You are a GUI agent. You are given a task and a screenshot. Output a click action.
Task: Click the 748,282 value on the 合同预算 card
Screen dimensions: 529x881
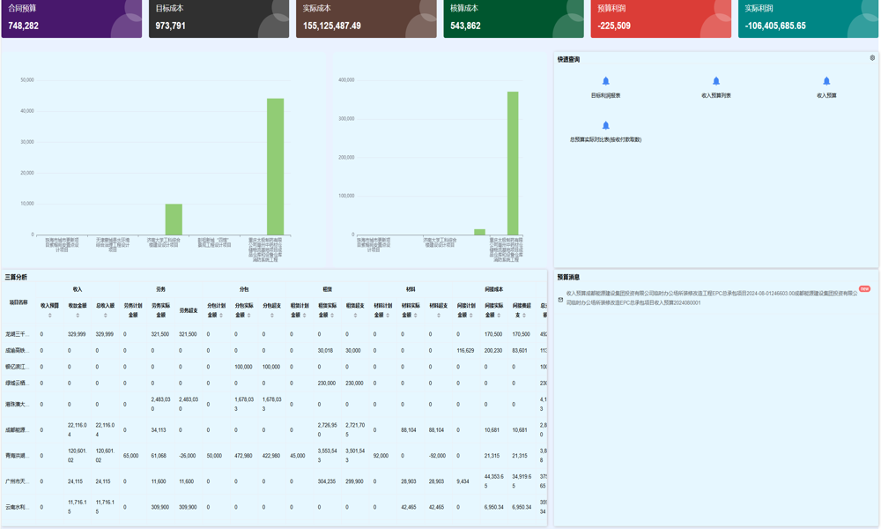(x=24, y=26)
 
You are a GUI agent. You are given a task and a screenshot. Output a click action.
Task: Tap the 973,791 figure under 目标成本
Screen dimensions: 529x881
(x=171, y=26)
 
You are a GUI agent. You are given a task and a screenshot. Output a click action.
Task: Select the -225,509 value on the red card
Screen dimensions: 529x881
(x=614, y=26)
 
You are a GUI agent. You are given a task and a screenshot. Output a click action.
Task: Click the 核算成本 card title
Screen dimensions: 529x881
(x=464, y=9)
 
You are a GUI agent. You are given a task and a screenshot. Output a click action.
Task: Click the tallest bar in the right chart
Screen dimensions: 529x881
(x=513, y=162)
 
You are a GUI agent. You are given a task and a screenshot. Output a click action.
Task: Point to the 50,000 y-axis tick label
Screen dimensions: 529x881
(x=27, y=80)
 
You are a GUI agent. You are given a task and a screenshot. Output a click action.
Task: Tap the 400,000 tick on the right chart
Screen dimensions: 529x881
(x=345, y=80)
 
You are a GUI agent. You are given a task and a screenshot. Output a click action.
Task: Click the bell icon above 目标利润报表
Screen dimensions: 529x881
(x=605, y=81)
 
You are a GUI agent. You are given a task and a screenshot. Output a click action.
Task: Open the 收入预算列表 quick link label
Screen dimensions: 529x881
(x=715, y=95)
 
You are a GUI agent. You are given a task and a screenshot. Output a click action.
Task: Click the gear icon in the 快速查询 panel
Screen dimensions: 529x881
(x=872, y=58)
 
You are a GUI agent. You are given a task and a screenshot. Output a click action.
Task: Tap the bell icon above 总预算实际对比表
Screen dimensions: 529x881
(x=605, y=125)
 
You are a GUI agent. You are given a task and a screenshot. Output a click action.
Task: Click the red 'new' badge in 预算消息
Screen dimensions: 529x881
(x=864, y=288)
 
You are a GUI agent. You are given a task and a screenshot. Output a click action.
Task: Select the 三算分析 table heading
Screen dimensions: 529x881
(x=16, y=277)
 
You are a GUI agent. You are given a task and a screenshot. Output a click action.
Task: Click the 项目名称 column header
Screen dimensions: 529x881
(x=19, y=302)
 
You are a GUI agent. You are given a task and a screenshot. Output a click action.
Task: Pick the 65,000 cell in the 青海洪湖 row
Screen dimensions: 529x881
(x=130, y=456)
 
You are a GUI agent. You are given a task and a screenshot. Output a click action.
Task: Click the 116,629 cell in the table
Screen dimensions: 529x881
(x=465, y=350)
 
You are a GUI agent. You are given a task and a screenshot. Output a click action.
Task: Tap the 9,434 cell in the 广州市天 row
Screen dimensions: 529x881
(x=463, y=481)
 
